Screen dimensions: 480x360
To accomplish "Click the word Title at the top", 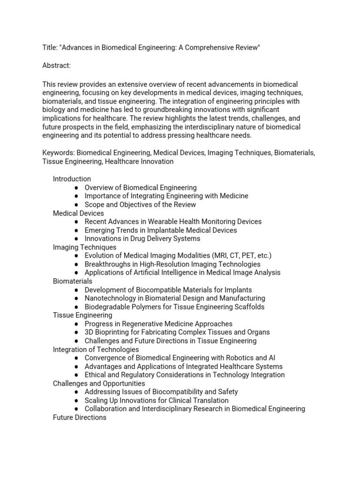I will click(50, 48).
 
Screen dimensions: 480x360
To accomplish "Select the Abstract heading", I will click(56, 66).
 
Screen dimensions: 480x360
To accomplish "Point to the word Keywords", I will click(58, 153).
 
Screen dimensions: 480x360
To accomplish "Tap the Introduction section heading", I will click(72, 179).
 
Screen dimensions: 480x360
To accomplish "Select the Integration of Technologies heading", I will click(96, 349).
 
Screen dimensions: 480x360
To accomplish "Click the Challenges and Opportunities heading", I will click(99, 383).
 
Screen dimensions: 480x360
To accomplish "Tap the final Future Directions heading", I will click(79, 417).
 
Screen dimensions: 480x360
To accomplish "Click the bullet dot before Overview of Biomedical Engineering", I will click(76, 187).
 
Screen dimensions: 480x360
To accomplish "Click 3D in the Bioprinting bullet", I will click(89, 332).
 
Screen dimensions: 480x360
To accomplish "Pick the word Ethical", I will click(96, 375).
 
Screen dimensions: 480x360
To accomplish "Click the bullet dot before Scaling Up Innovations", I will click(76, 400).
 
